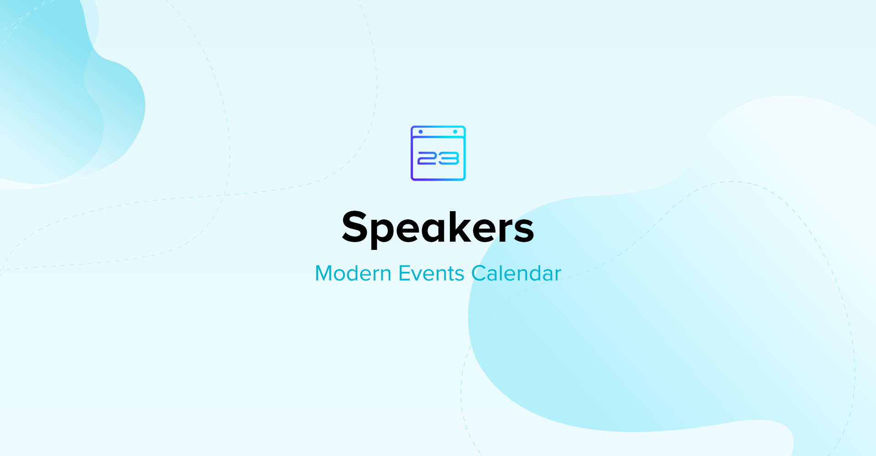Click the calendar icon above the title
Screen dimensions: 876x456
438,153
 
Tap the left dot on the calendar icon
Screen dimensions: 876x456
421,132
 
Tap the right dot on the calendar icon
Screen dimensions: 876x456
455,132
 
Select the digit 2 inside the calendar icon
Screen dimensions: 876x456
428,158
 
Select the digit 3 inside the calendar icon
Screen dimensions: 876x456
448,158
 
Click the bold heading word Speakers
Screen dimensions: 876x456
438,228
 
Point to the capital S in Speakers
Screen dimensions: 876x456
355,226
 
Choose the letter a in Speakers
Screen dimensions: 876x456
435,230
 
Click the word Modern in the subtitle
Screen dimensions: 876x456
353,274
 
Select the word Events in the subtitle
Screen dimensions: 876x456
432,274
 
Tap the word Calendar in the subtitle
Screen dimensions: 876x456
516,274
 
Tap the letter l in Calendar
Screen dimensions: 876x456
506,273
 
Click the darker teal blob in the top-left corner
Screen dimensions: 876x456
50,91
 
